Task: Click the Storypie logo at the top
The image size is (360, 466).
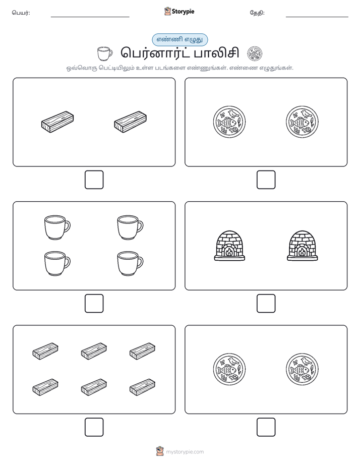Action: (179, 12)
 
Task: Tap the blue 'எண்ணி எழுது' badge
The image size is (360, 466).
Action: (179, 39)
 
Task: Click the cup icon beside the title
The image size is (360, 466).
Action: (105, 53)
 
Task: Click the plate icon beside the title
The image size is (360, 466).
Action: (255, 53)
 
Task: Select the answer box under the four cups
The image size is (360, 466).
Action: (94, 304)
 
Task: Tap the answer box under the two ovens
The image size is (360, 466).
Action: (266, 304)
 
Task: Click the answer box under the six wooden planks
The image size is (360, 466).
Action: (94, 427)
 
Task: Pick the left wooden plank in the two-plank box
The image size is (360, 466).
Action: (57, 122)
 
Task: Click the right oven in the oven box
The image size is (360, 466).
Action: (302, 246)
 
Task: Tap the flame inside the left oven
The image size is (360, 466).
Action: (229, 253)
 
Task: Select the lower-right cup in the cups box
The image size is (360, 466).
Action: (130, 264)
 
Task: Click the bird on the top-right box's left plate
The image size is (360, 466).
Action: (233, 113)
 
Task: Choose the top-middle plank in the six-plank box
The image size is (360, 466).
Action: (94, 351)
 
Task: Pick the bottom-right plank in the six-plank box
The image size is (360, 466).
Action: (142, 387)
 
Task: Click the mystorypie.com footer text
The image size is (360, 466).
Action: (185, 452)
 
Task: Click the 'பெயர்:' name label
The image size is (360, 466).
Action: (21, 13)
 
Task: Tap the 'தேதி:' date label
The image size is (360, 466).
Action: (257, 13)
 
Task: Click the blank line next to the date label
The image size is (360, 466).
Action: (317, 17)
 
